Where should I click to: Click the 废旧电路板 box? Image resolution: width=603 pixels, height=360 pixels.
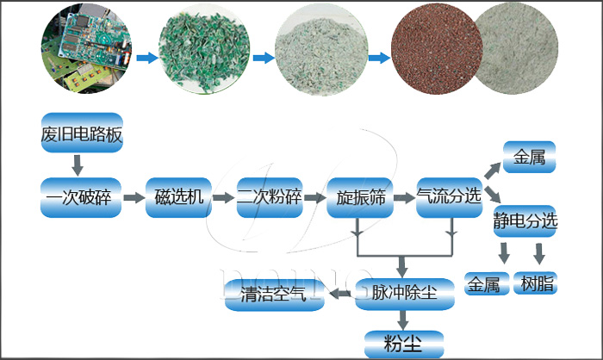(82, 133)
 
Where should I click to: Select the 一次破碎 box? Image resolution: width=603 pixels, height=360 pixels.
(82, 197)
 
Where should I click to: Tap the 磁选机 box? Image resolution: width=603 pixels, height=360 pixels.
(179, 197)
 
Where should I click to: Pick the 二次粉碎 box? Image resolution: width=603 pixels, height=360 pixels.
(269, 197)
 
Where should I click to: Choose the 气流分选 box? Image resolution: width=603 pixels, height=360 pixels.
(448, 197)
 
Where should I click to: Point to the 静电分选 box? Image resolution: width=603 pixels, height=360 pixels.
(525, 220)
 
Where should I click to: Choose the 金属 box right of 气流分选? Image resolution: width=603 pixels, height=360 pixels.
(530, 158)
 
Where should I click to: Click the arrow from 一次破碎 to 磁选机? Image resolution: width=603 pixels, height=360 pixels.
(134, 198)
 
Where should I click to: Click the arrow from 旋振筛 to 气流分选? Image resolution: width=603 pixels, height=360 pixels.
(403, 198)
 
